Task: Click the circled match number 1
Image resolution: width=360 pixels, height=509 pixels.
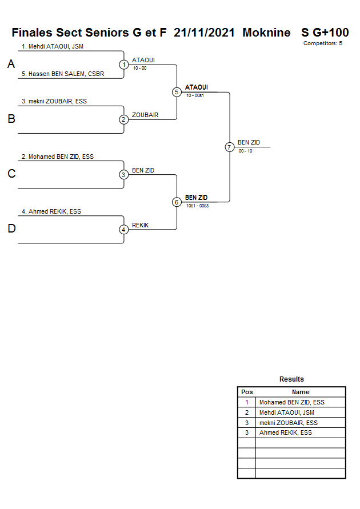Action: [x=123, y=65]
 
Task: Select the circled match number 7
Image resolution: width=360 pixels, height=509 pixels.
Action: [x=229, y=147]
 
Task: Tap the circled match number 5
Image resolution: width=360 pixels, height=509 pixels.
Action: [x=177, y=92]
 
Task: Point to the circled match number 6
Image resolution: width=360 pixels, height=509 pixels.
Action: [x=177, y=202]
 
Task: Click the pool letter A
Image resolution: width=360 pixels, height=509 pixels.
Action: [x=11, y=65]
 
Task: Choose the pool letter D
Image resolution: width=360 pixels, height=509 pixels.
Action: [x=11, y=229]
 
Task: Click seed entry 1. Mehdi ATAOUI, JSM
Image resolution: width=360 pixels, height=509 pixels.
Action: [x=53, y=46]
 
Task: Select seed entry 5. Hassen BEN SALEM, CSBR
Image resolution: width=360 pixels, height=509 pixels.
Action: [x=63, y=74]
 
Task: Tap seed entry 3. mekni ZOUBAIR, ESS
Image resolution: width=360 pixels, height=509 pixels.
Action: [x=54, y=101]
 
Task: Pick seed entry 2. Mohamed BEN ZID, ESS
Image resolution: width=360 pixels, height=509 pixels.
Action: [x=58, y=157]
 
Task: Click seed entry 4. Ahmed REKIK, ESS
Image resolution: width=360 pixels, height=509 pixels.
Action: [x=51, y=211]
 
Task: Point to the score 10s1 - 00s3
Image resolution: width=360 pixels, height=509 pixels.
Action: [x=197, y=206]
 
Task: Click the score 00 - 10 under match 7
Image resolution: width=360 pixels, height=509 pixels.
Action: [x=245, y=151]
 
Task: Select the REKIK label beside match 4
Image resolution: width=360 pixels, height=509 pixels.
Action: [x=140, y=225]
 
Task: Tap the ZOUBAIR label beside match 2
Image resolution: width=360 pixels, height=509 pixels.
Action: [x=145, y=115]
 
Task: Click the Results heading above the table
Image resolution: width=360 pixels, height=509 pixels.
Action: [x=291, y=379]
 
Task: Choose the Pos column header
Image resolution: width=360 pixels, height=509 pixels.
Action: [x=247, y=392]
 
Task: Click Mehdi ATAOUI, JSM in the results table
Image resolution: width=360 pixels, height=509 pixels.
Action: [x=286, y=412]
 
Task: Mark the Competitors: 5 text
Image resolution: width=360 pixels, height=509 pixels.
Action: [x=322, y=43]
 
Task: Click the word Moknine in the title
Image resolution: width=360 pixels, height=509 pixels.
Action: [x=266, y=33]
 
